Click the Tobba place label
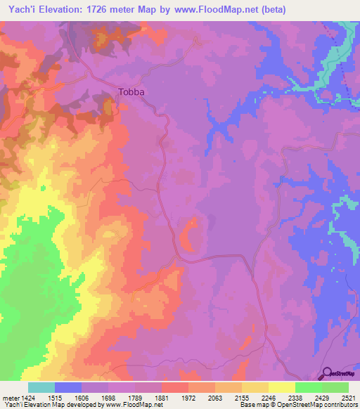pos(131,91)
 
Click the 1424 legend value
pos(28,397)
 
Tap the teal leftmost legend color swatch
pos(41,387)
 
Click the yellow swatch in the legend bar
pos(282,387)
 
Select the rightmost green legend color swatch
pos(335,387)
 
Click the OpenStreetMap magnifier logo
pos(327,375)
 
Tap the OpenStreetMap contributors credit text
pos(320,405)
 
